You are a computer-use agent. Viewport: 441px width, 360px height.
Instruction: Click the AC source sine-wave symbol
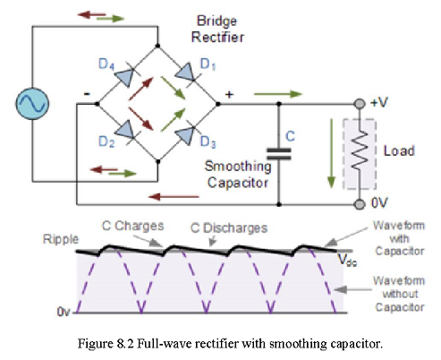pyautogui.click(x=32, y=104)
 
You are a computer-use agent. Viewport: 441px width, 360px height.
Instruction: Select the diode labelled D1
pyautogui.click(x=185, y=72)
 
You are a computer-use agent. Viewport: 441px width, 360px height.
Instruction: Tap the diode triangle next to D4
pyautogui.click(x=124, y=76)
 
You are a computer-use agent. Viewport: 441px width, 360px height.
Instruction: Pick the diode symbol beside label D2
pyautogui.click(x=124, y=130)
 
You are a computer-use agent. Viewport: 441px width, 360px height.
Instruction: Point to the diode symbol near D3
pyautogui.click(x=185, y=135)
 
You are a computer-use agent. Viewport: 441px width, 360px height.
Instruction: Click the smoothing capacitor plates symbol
pyautogui.click(x=279, y=154)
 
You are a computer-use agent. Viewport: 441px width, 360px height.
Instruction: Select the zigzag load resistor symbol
pyautogui.click(x=360, y=150)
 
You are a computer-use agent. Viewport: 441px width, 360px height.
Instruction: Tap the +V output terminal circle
pyautogui.click(x=360, y=104)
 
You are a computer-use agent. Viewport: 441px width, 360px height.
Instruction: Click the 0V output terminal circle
pyautogui.click(x=360, y=204)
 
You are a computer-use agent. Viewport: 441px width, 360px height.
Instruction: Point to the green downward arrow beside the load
pyautogui.click(x=331, y=153)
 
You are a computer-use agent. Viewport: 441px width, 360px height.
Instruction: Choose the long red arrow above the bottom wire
pyautogui.click(x=174, y=197)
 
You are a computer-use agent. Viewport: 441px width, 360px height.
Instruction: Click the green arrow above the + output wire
pyautogui.click(x=278, y=94)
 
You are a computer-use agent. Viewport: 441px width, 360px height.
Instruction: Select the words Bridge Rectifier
pyautogui.click(x=217, y=29)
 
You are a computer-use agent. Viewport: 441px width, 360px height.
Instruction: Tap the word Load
pyautogui.click(x=399, y=150)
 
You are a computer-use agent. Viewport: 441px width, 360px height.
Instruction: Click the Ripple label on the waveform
pyautogui.click(x=61, y=239)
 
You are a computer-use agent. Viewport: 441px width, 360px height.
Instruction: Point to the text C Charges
pyautogui.click(x=133, y=226)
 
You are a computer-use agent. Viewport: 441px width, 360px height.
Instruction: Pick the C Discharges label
pyautogui.click(x=229, y=228)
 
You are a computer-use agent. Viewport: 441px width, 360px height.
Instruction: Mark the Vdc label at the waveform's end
pyautogui.click(x=348, y=260)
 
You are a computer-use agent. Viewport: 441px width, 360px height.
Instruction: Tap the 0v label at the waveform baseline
pyautogui.click(x=64, y=312)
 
